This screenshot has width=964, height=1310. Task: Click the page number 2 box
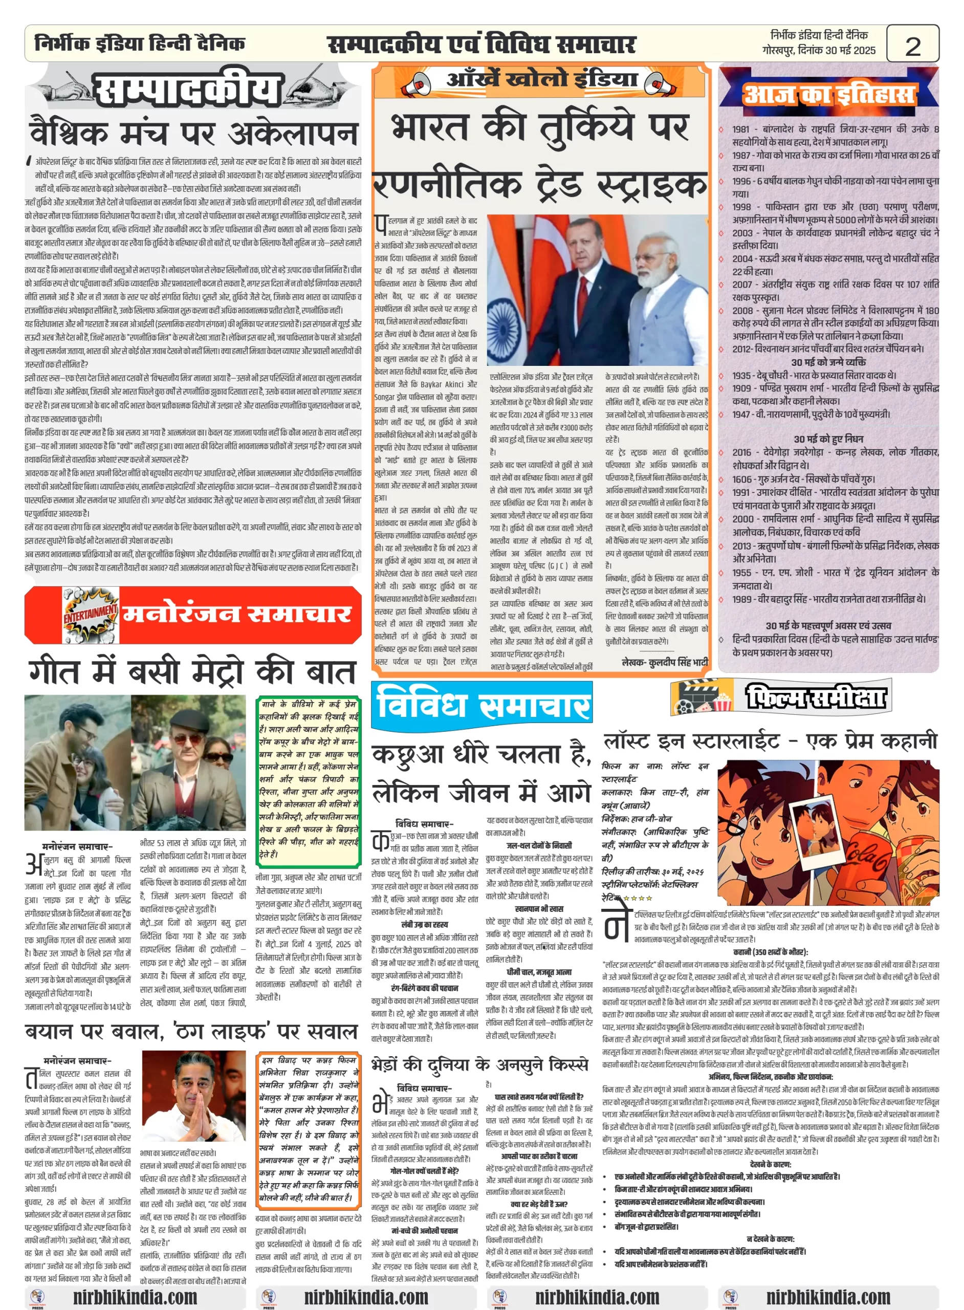912,45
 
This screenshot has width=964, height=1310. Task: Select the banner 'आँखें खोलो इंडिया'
541,79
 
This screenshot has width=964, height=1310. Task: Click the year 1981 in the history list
740,129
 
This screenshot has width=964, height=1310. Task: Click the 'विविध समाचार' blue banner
482,705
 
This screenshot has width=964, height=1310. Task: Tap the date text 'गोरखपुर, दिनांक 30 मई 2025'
818,50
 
